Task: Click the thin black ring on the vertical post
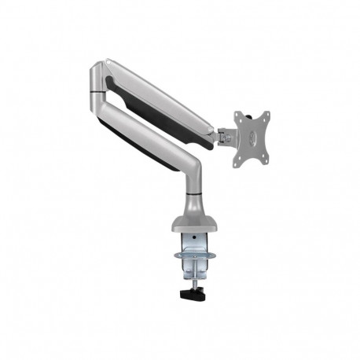(193, 193)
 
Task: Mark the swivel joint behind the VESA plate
(224, 137)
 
